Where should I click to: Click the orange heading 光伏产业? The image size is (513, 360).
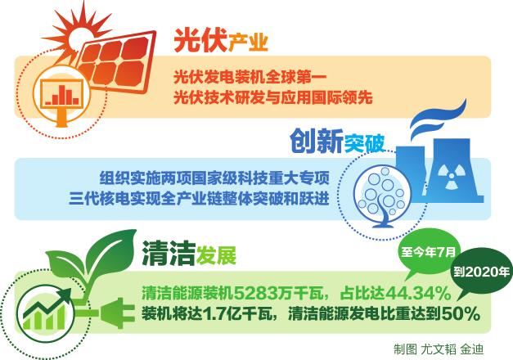coord(221,41)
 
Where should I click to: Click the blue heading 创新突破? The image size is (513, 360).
coord(337,142)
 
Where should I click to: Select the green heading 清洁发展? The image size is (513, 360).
coord(189,254)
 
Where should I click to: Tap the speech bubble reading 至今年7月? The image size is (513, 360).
coord(428,252)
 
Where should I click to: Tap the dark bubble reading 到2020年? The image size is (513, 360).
coord(481,272)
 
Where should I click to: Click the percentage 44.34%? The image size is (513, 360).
coord(418,293)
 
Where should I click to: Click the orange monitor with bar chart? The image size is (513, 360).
coord(61,95)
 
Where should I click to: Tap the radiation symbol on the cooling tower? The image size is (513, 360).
coord(451,177)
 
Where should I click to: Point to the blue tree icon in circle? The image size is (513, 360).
coord(382,197)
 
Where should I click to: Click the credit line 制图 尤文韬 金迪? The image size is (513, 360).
coord(439,349)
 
